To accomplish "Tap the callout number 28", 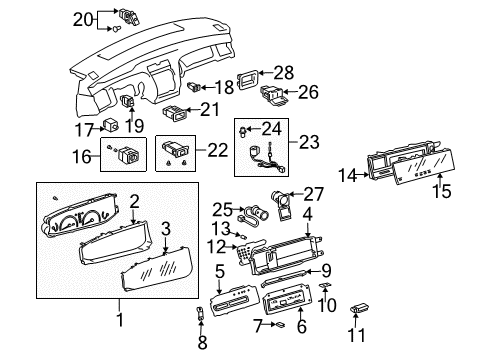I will tap(285, 72).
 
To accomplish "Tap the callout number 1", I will tap(120, 320).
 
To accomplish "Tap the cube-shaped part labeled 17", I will tap(114, 127).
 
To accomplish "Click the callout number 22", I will tap(216, 149).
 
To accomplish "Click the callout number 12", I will tap(216, 246).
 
